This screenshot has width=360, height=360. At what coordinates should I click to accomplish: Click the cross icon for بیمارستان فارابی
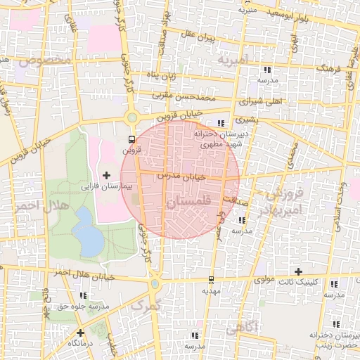[107, 175]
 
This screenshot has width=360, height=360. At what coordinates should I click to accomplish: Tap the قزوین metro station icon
[131, 139]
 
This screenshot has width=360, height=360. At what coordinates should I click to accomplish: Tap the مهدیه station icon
[211, 279]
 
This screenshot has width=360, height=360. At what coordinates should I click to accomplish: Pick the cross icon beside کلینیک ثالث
[298, 271]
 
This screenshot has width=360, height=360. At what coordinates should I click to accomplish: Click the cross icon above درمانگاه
[81, 333]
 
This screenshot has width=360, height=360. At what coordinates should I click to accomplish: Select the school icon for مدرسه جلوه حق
[84, 296]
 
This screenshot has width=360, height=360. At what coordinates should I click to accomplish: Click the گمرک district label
[146, 305]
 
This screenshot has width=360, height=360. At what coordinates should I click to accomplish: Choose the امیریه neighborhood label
[233, 60]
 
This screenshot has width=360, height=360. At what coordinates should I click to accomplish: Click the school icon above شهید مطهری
[222, 122]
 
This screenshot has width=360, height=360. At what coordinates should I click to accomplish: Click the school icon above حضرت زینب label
[336, 324]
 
